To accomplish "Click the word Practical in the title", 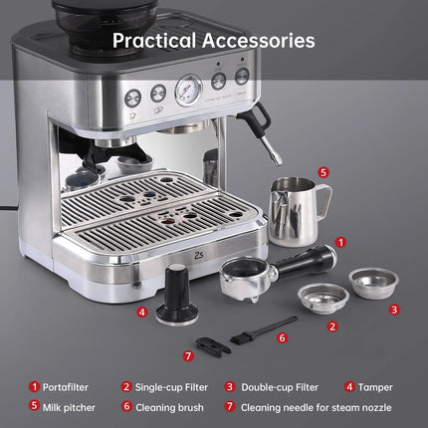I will [x=148, y=41].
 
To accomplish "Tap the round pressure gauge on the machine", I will [x=187, y=92].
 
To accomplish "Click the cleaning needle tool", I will [x=208, y=344].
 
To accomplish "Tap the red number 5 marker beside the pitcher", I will [x=323, y=171].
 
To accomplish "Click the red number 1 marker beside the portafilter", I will [x=340, y=241].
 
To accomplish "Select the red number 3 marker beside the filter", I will [x=394, y=310].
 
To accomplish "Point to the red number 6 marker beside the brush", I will [x=282, y=337].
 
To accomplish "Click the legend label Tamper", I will [x=373, y=387].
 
